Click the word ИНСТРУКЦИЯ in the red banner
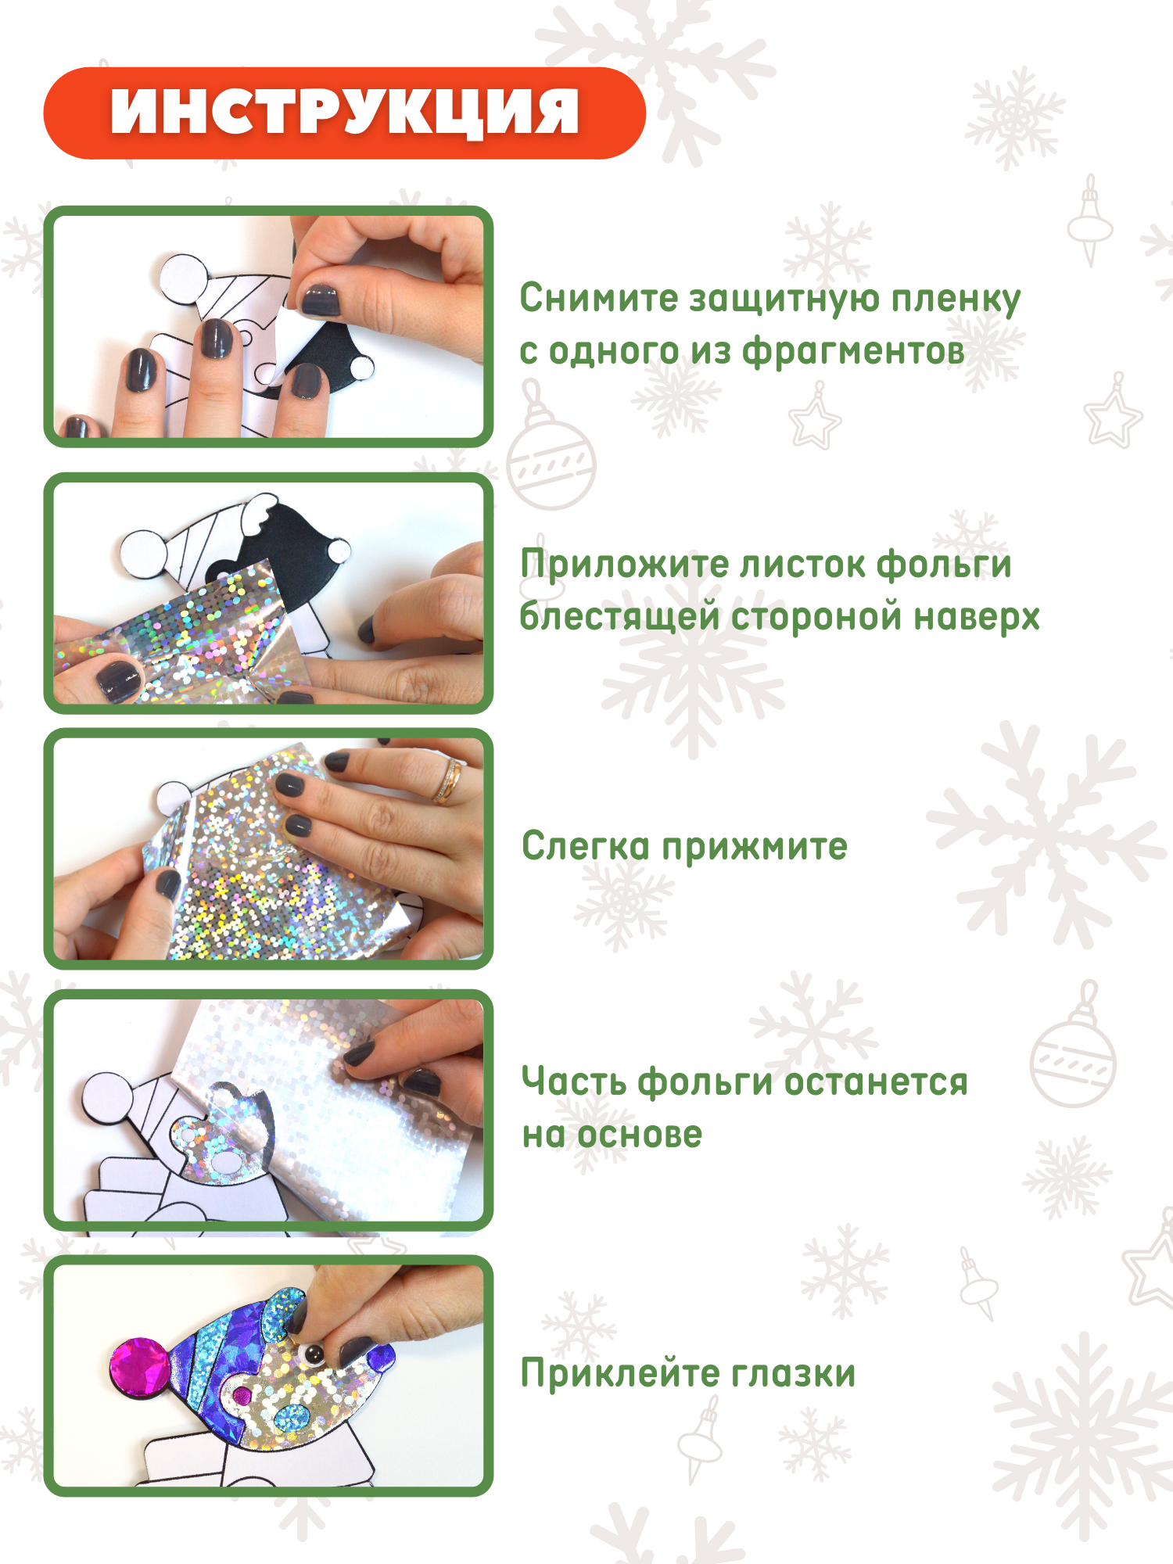pyautogui.click(x=345, y=112)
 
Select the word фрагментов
pyautogui.click(x=853, y=352)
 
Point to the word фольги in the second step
pyautogui.click(x=944, y=564)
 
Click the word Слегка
pyautogui.click(x=586, y=846)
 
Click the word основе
pyautogui.click(x=639, y=1135)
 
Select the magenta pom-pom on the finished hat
pyautogui.click(x=140, y=1368)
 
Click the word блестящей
pyautogui.click(x=619, y=616)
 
